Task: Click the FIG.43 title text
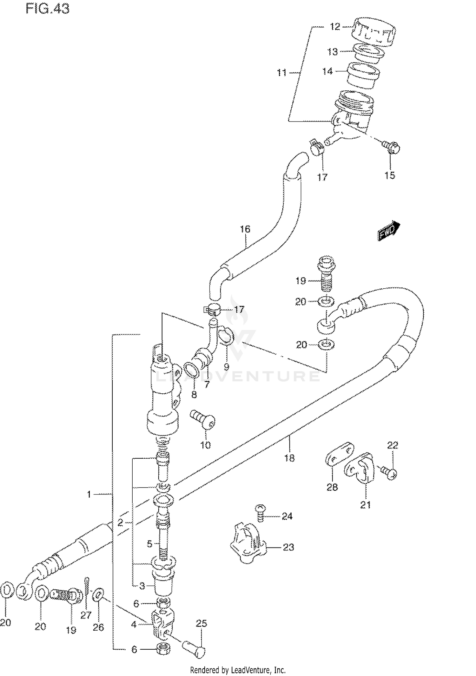(47, 9)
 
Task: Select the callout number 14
(327, 71)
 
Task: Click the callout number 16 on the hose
(245, 229)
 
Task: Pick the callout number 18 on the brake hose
(289, 458)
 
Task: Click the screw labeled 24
(260, 515)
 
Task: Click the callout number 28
(332, 487)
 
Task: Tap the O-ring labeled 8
(191, 370)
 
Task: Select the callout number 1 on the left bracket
(89, 494)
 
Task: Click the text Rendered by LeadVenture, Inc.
(238, 670)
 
